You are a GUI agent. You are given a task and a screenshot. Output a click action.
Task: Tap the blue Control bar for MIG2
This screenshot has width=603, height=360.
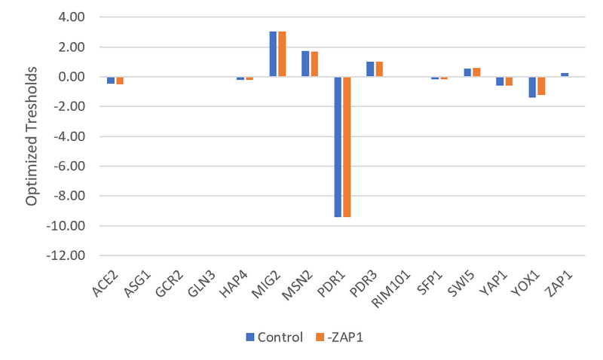274,54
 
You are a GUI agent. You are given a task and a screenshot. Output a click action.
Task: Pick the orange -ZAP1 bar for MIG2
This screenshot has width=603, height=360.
282,54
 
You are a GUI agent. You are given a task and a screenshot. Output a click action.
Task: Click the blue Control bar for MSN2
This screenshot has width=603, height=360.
305,64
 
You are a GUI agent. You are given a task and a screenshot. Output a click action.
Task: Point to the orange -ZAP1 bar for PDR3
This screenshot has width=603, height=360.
379,69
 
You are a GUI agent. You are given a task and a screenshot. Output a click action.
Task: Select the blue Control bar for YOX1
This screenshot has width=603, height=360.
531,87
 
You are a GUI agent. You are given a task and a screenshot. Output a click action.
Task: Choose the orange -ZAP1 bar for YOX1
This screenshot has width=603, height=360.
540,86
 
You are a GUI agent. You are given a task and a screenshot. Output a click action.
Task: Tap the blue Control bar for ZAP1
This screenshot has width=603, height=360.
564,75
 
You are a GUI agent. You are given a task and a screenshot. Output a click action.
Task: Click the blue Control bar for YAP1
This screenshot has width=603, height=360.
500,81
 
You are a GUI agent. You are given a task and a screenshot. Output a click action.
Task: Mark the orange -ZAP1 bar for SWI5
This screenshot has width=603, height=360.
476,72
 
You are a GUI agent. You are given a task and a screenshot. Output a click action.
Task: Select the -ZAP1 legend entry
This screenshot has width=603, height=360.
338,337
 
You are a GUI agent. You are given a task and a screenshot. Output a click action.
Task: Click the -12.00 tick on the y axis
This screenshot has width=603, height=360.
74,256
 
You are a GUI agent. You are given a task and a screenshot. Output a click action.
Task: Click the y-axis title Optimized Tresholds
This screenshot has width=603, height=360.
32,137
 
